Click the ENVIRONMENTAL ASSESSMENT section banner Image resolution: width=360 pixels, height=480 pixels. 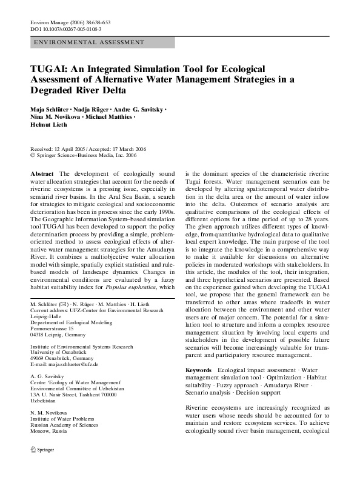pos(88,42)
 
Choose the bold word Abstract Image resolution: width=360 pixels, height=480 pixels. pos(41,173)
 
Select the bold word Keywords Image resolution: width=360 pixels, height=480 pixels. pos(198,370)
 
